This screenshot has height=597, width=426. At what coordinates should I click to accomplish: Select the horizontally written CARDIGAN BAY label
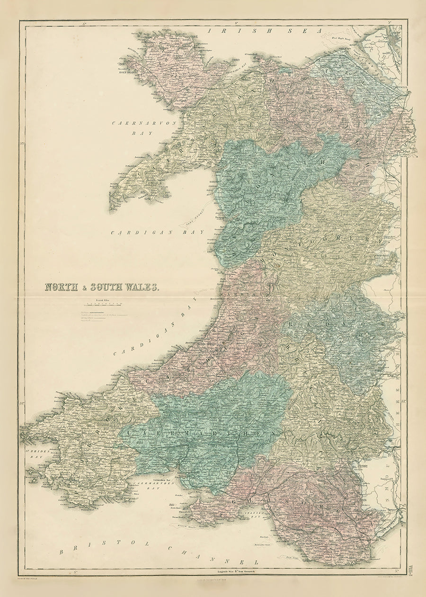click(157, 232)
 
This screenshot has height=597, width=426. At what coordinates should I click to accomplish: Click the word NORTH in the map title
click(61, 287)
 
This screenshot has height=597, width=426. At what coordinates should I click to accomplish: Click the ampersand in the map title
click(84, 287)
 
